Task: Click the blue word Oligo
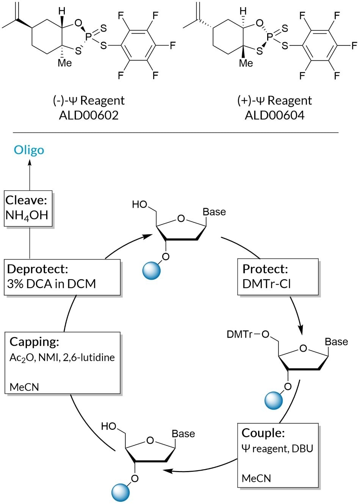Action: (29, 150)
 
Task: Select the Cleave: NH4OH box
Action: (28, 208)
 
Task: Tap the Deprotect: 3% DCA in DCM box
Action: (62, 277)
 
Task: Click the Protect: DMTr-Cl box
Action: (278, 277)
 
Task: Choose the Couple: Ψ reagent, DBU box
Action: (278, 455)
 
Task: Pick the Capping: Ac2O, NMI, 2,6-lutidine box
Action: (63, 363)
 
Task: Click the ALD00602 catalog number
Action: (89, 115)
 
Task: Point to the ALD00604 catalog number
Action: (274, 115)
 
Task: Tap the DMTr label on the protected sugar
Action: (239, 334)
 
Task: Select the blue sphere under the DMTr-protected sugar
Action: (273, 400)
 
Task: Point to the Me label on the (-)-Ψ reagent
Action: (64, 63)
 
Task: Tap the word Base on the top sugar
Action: (214, 212)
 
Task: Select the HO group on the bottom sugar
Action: (109, 426)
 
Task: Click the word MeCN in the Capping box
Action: (24, 387)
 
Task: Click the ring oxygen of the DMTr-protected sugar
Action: (303, 348)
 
